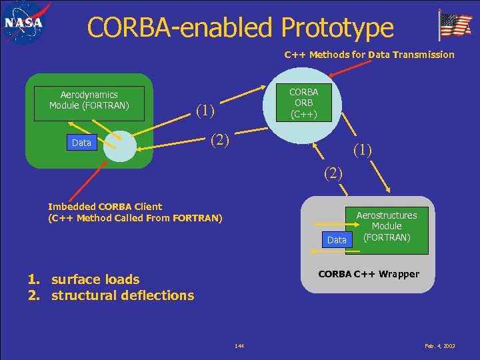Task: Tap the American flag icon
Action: click(x=455, y=26)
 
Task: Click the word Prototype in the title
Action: click(x=337, y=27)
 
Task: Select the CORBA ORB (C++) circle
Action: click(x=304, y=103)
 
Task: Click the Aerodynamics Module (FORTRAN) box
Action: click(x=89, y=101)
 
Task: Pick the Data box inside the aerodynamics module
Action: click(x=81, y=143)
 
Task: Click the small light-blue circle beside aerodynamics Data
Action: click(x=119, y=146)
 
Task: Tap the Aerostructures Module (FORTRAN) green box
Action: click(x=387, y=226)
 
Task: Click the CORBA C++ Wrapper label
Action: click(x=369, y=274)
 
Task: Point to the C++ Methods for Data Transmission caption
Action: click(x=369, y=55)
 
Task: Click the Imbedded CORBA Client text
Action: click(x=105, y=207)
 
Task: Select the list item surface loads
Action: click(x=95, y=279)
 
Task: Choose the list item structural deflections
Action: click(x=123, y=295)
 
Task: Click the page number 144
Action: click(x=239, y=346)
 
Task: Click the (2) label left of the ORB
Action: click(x=219, y=139)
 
